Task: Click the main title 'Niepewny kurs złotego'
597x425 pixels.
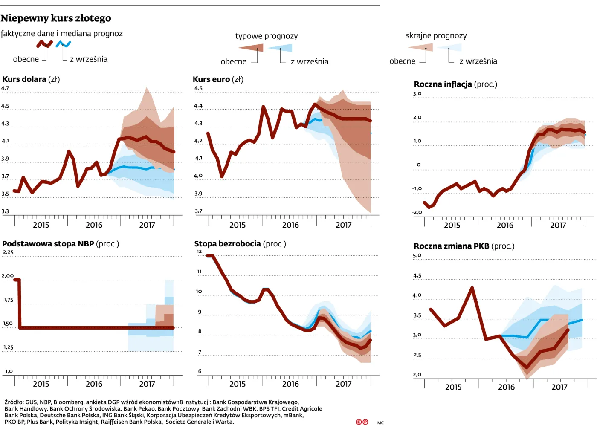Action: click(56, 18)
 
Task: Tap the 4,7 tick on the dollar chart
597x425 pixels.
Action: click(5, 88)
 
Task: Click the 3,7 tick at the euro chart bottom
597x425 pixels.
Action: click(198, 211)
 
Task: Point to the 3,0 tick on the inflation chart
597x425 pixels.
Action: click(417, 93)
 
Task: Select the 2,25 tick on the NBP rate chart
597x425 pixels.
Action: click(8, 252)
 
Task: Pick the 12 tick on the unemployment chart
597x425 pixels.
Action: click(199, 251)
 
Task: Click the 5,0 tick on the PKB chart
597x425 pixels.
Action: click(417, 255)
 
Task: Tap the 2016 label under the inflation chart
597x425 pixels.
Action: click(505, 226)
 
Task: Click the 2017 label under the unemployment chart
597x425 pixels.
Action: click(344, 384)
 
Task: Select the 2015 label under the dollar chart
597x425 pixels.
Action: click(41, 225)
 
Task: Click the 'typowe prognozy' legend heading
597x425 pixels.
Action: click(267, 36)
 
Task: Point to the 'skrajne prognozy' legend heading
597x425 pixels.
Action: click(436, 35)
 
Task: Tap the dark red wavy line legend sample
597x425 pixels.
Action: click(44, 44)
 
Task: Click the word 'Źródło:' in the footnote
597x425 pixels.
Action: click(14, 402)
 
